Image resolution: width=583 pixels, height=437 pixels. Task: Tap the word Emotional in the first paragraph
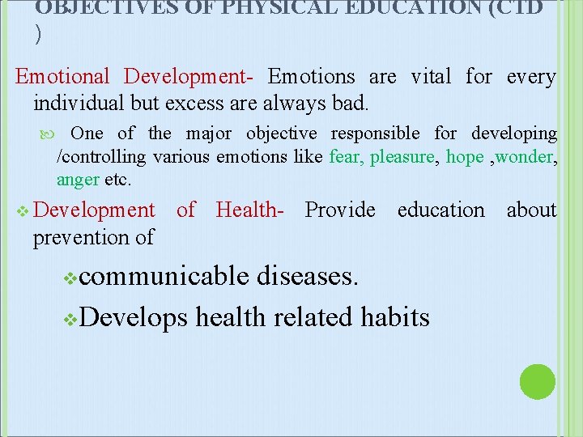[62, 77]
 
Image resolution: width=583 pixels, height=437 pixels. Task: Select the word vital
[431, 77]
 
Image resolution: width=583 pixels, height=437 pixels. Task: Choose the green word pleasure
[402, 157]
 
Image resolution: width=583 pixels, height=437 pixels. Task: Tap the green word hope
[465, 157]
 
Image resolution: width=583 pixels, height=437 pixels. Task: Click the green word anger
[78, 180]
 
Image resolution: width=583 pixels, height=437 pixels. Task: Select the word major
[209, 134]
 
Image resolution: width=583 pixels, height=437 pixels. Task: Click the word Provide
[340, 210]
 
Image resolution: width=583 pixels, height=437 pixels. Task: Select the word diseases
[307, 277]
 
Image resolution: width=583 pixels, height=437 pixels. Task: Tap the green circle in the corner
[537, 382]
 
